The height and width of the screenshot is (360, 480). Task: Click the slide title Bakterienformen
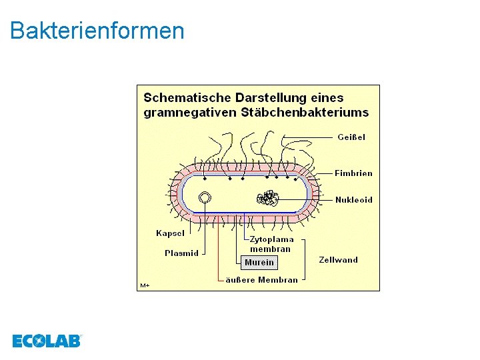[97, 31]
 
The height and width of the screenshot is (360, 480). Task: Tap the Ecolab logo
[46, 341]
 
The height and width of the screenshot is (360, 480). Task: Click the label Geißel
[351, 137]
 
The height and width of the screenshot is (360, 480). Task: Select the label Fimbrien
[353, 173]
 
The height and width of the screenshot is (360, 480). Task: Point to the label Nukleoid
[353, 200]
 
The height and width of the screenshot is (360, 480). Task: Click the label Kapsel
[170, 233]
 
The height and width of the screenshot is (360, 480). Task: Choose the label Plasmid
[181, 253]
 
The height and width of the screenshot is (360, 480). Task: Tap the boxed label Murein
[259, 263]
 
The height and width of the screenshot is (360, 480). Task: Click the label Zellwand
[338, 260]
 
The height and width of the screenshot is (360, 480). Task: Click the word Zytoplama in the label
[271, 239]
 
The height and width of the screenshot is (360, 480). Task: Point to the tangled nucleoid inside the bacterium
[268, 198]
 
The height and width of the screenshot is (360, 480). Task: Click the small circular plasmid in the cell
[205, 198]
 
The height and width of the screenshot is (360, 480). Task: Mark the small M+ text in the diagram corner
[145, 285]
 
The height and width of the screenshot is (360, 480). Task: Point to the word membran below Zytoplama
[271, 249]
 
